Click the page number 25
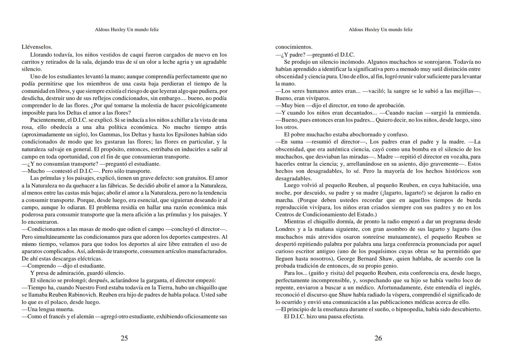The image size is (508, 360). (x=124, y=338)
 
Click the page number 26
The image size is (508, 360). (x=378, y=338)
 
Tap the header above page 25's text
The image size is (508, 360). (x=127, y=29)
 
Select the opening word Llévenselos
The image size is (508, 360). (x=37, y=47)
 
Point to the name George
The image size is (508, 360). (x=347, y=258)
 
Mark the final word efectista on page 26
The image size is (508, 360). (x=352, y=316)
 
